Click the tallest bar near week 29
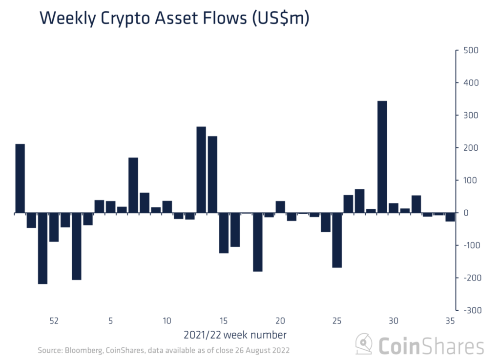point(382,157)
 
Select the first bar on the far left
point(20,178)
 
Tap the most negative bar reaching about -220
point(42,248)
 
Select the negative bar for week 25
point(337,240)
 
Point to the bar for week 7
point(133,185)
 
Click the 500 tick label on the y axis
point(471,51)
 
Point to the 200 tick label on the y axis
point(471,148)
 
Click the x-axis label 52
point(54,321)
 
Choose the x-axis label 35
point(450,321)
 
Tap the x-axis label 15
point(224,321)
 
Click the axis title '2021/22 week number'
point(235,335)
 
